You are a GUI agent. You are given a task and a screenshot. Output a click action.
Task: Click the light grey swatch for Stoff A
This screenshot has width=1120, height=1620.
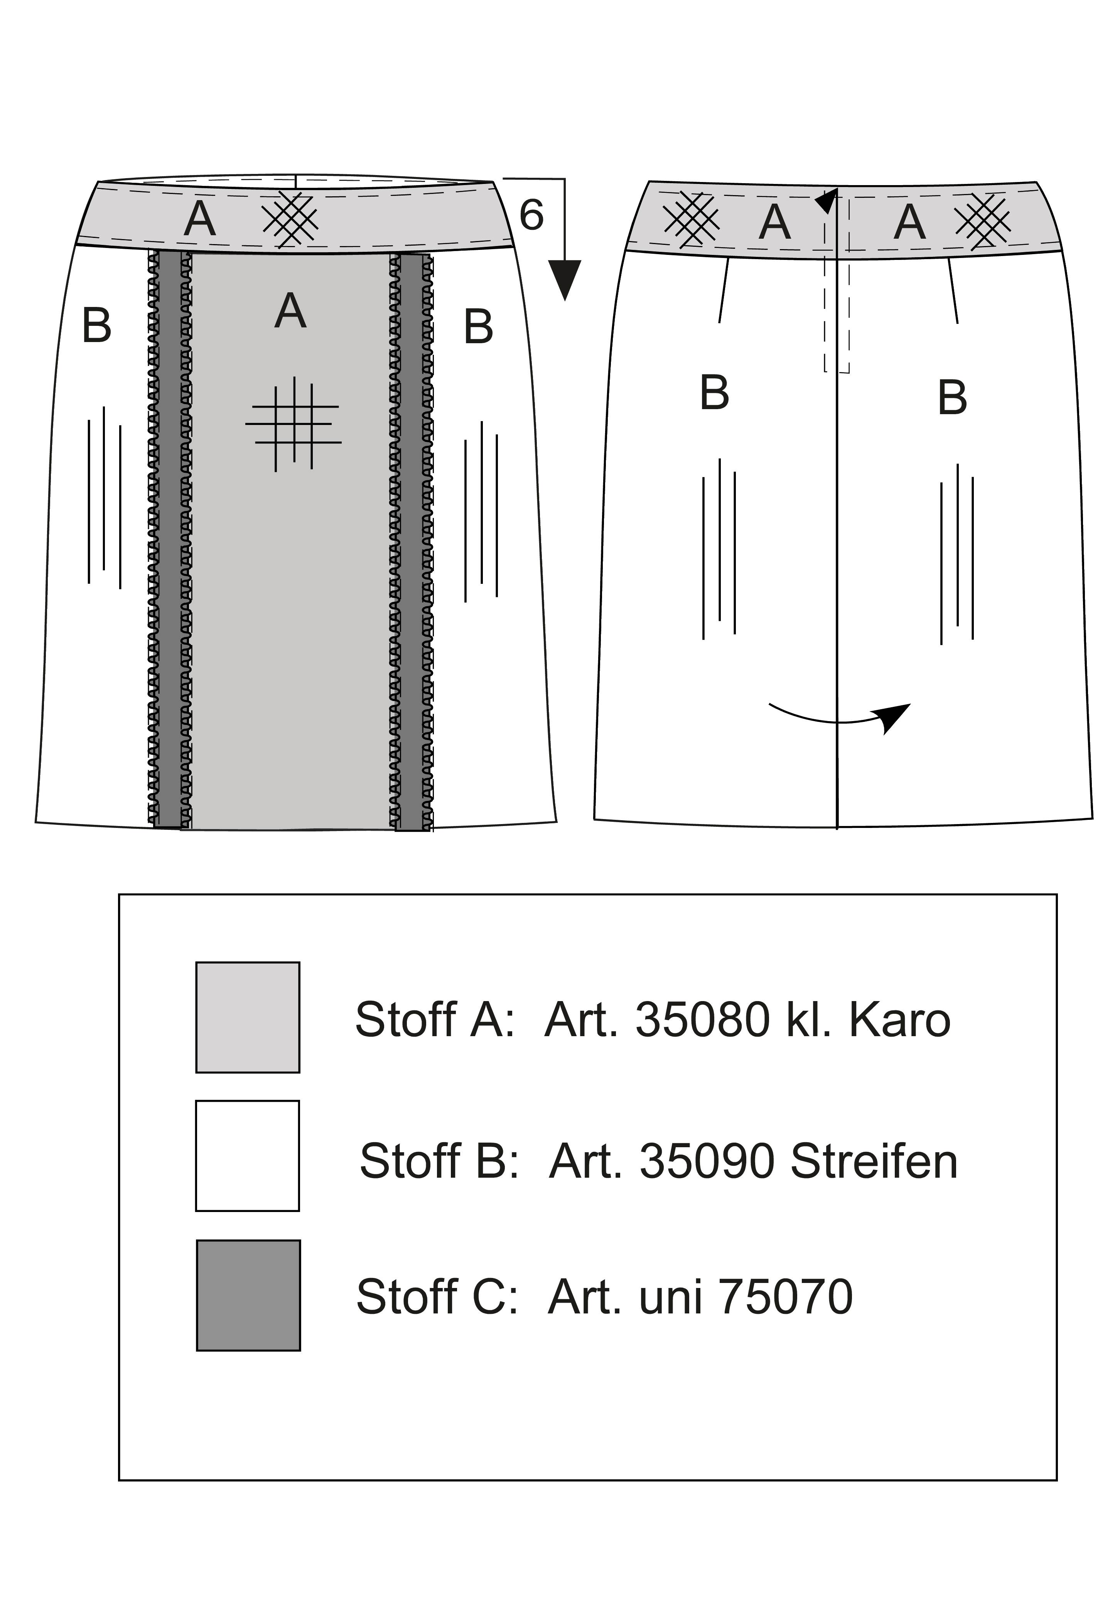[x=248, y=1017]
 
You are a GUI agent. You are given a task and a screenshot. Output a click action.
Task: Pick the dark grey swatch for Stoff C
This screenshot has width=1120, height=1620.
[x=248, y=1295]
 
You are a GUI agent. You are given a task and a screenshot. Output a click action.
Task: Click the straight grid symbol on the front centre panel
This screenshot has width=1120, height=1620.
[x=293, y=424]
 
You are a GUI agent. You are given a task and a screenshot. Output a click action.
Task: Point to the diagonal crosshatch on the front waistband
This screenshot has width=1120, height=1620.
[x=290, y=218]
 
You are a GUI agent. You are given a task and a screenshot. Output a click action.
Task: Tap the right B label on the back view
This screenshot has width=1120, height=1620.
[x=952, y=398]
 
